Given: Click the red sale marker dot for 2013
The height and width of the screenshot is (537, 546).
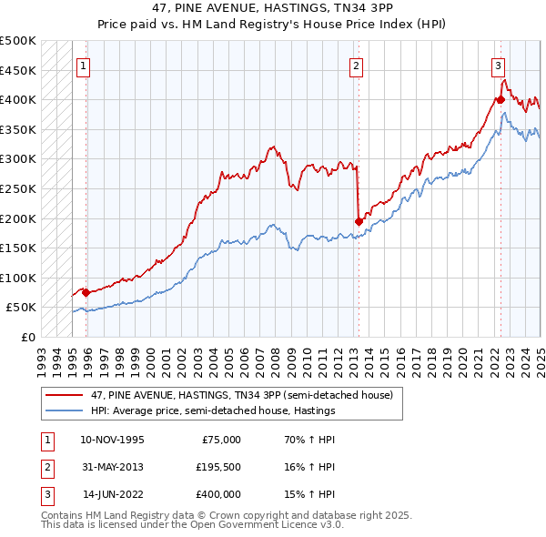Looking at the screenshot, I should [359, 221].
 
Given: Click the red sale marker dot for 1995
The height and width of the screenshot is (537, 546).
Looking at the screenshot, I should [86, 292].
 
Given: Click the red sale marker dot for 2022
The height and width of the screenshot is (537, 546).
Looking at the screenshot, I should [500, 99].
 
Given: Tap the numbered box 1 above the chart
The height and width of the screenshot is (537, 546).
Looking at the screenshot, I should [83, 66].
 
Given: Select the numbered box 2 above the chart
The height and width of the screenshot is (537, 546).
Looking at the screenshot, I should [356, 66].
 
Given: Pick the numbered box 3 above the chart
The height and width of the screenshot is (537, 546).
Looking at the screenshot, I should [499, 66].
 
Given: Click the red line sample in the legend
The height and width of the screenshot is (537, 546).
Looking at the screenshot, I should [66, 395].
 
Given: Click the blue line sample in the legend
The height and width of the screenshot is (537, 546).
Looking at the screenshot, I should [66, 410].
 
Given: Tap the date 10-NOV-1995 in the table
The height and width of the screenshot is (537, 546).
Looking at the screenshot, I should [112, 439].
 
